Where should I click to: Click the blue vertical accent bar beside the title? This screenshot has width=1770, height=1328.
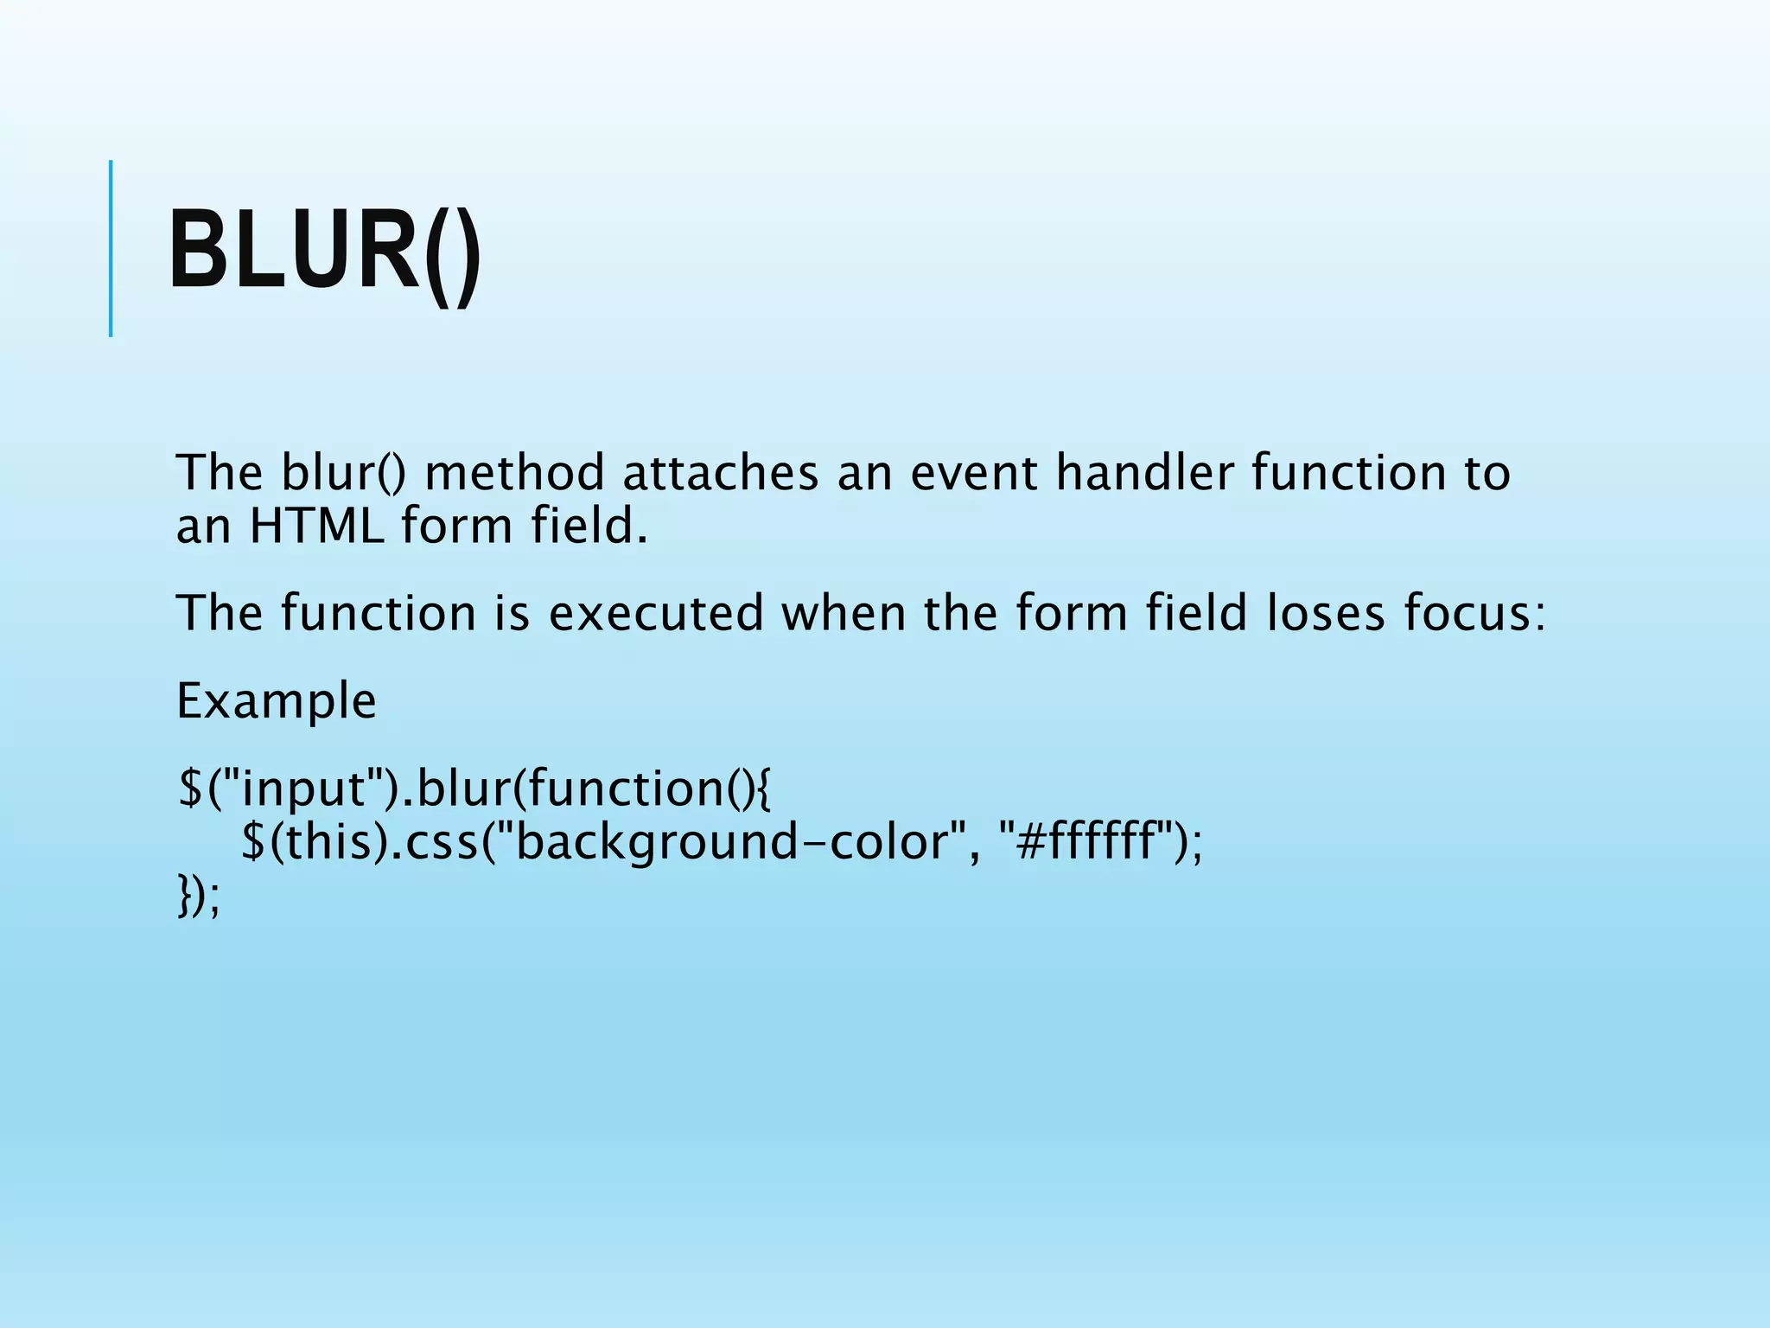[111, 248]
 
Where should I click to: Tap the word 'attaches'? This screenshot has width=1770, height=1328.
[720, 474]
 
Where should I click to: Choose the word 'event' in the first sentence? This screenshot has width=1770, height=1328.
[973, 474]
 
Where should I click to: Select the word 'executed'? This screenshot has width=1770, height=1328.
[656, 614]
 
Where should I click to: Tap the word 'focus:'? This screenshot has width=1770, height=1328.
[1474, 614]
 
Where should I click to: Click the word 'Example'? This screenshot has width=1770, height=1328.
[277, 701]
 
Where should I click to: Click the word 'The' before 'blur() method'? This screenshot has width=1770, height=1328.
[220, 474]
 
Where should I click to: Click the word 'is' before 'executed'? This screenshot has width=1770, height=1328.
[512, 614]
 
